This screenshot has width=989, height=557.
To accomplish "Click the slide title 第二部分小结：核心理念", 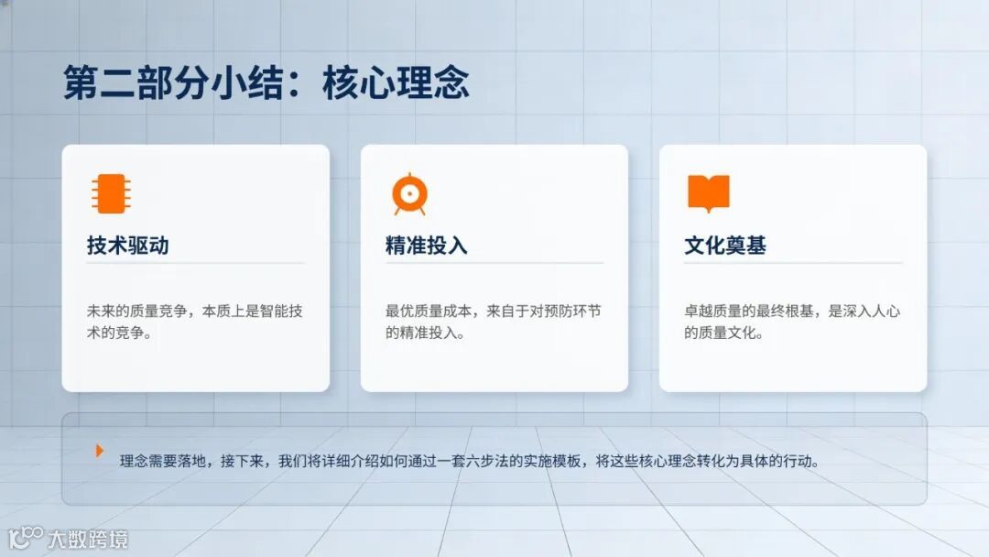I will pos(266,83).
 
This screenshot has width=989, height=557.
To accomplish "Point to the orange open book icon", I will pos(708,193).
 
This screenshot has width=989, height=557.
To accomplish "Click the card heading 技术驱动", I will pos(127,246).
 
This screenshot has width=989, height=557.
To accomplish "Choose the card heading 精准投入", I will pos(426,246).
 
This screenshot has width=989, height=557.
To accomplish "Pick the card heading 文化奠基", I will pos(724,246).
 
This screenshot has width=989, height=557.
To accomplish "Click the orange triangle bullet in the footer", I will pos(100,451).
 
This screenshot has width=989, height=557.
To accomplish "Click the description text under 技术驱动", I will pos(194,322).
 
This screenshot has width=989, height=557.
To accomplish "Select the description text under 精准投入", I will pos(493,322).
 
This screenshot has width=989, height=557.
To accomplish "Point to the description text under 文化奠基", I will pos(791,322).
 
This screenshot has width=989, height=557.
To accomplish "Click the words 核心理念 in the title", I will pos(396,83).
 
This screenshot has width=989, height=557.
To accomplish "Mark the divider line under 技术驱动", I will pos(195,264).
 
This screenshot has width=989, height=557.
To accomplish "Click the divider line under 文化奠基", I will pos(792,264).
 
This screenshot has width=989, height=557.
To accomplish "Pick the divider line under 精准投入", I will pos(494,264).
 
